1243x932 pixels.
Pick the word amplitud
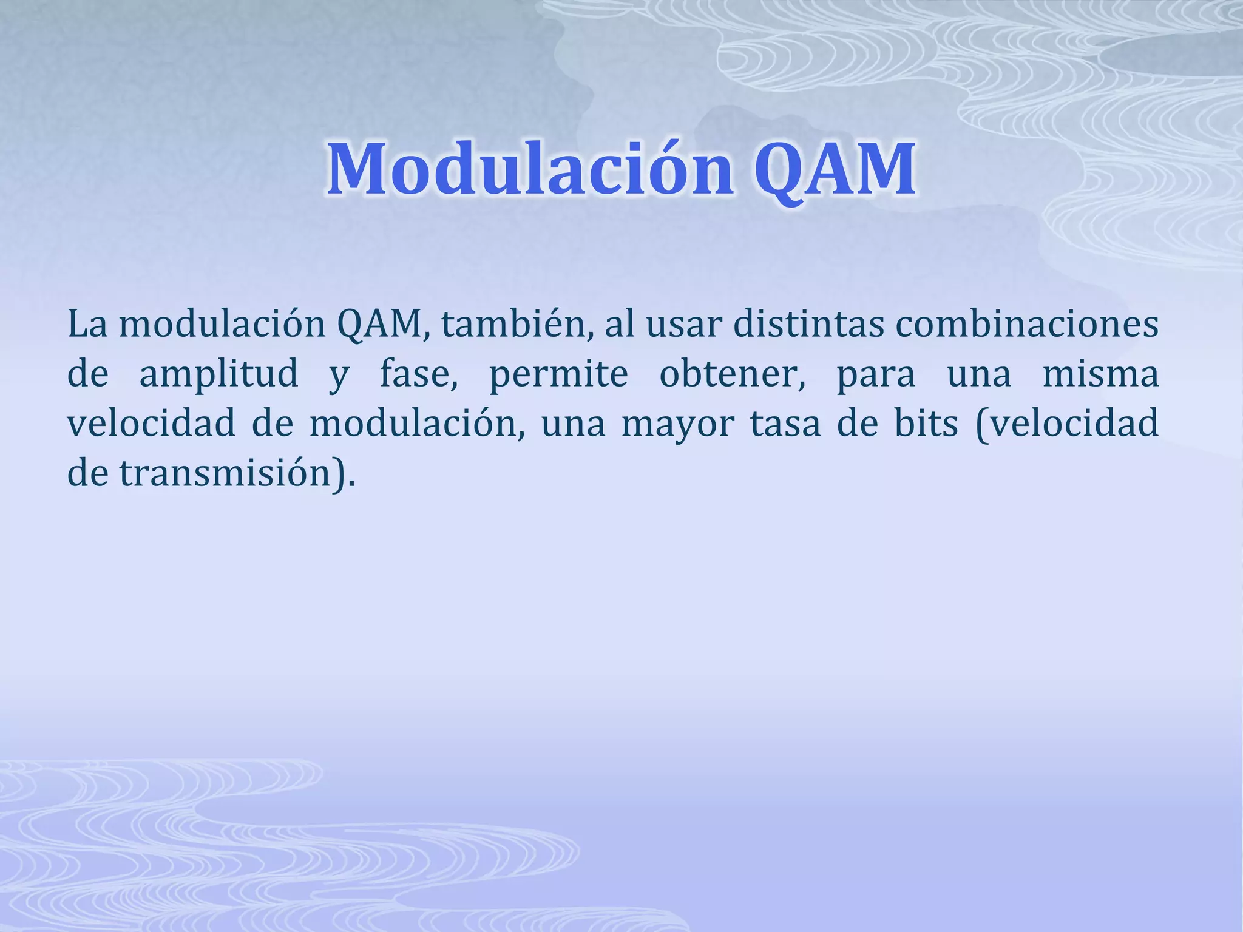click(218, 374)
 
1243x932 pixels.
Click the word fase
click(419, 374)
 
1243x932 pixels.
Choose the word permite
click(558, 374)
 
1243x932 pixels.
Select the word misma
click(1100, 374)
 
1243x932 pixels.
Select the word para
click(876, 374)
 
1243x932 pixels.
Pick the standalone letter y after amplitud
click(339, 376)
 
